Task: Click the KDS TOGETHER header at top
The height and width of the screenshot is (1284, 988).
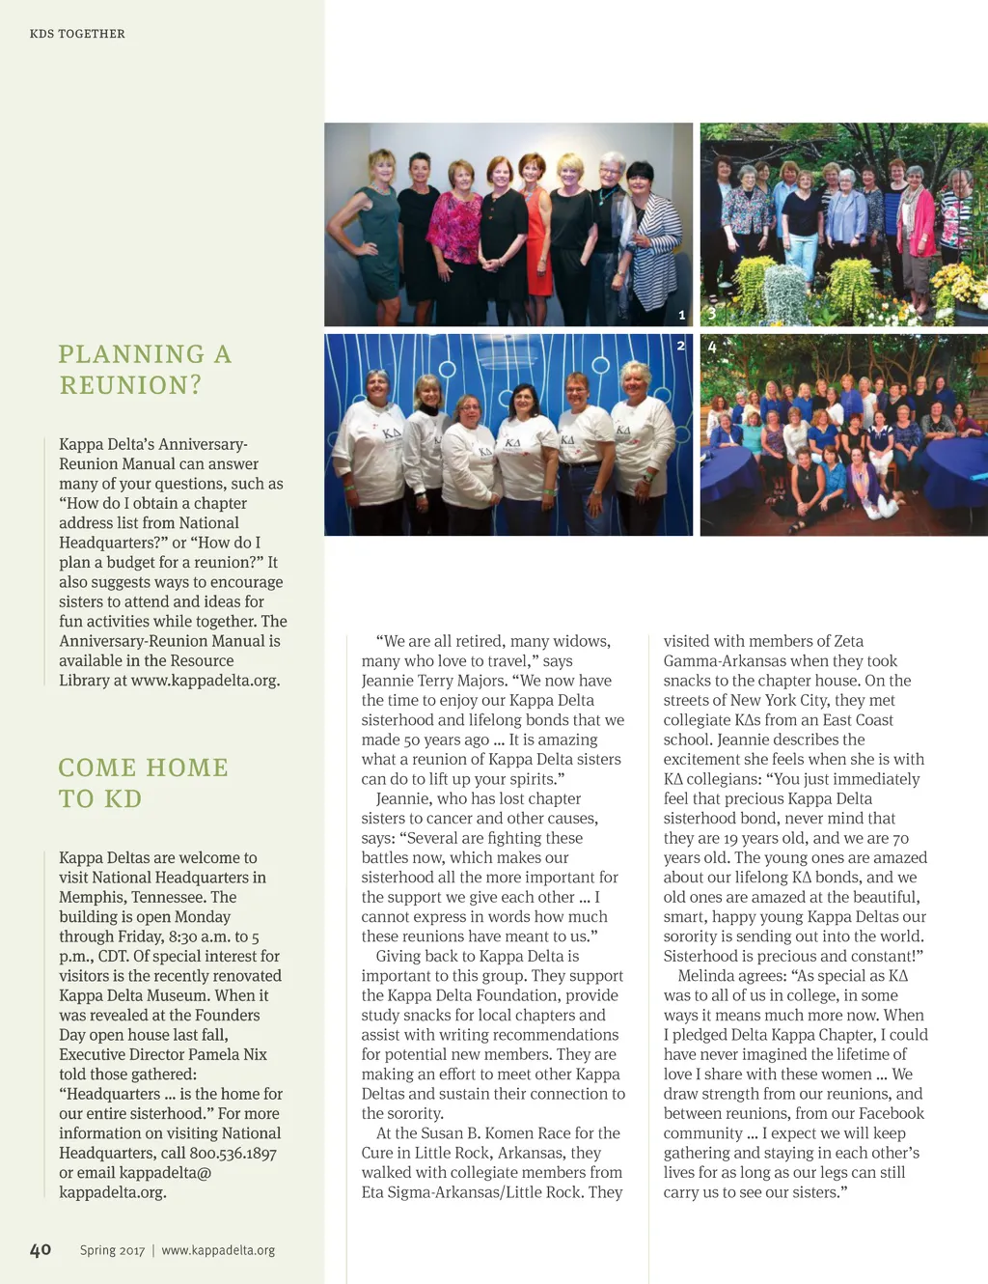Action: click(77, 34)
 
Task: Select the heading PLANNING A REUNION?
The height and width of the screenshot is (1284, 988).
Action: click(145, 370)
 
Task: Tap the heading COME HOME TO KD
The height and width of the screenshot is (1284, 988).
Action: click(143, 783)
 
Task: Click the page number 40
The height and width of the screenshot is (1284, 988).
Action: click(41, 1249)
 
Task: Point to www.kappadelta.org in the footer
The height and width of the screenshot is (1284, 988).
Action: click(218, 1250)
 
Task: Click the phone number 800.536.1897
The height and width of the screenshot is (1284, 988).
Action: click(233, 1153)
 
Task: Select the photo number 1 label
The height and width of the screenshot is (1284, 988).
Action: click(681, 315)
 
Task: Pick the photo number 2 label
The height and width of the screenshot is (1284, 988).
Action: click(680, 346)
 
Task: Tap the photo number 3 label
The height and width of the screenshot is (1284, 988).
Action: click(712, 315)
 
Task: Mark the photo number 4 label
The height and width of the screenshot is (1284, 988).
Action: click(712, 346)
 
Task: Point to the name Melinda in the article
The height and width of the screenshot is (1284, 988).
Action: click(709, 976)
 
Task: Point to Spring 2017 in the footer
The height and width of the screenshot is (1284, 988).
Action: click(112, 1250)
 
